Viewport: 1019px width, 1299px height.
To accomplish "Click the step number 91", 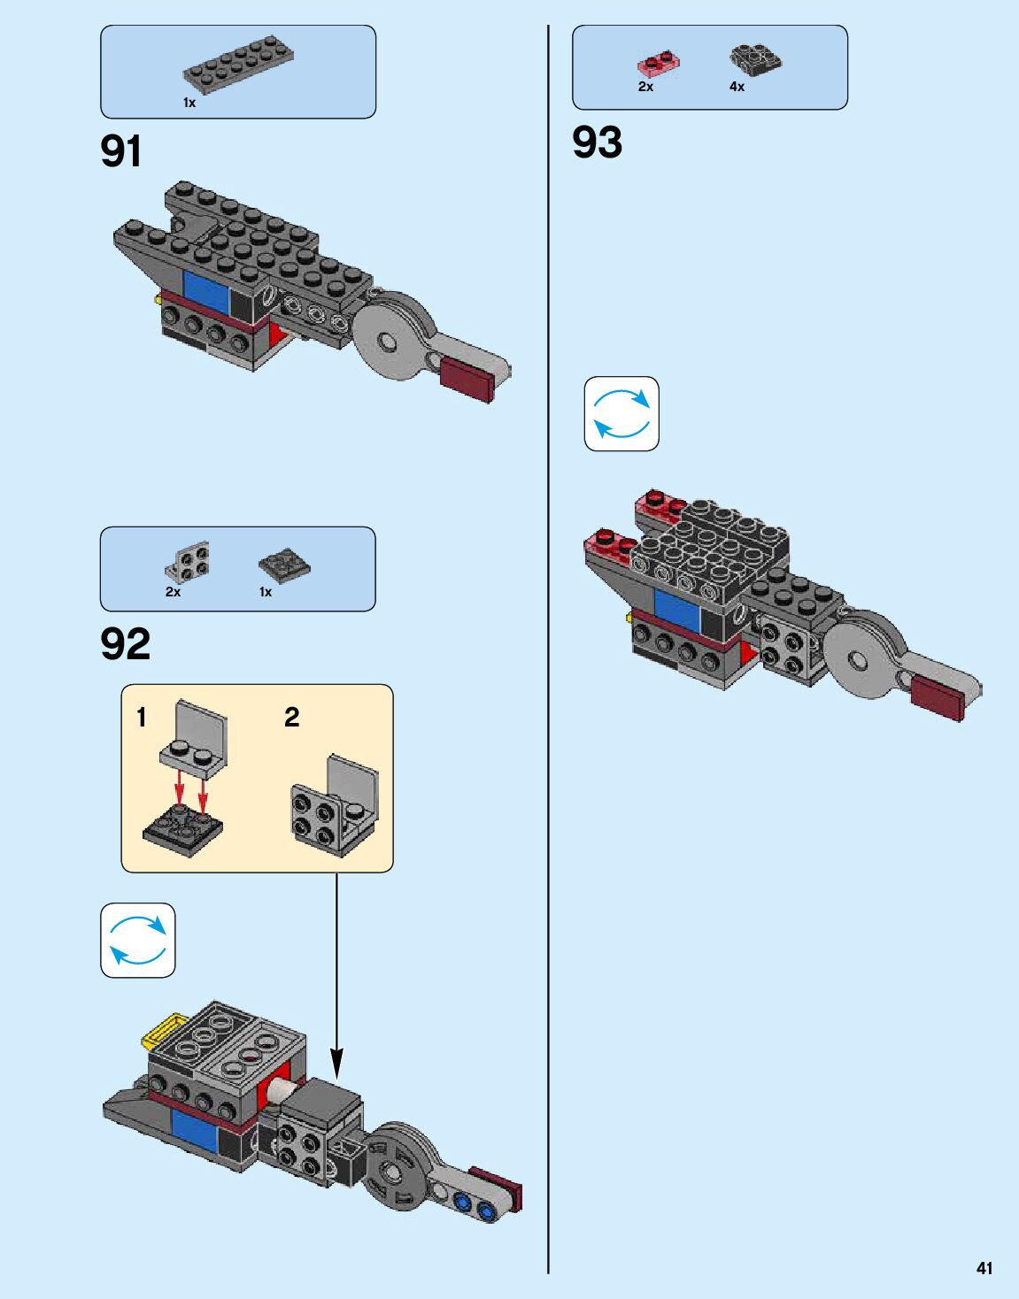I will click(121, 151).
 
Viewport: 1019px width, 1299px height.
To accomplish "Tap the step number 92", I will click(125, 644).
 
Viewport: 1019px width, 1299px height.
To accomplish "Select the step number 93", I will click(597, 142).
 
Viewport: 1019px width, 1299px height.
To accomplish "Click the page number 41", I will click(984, 1268).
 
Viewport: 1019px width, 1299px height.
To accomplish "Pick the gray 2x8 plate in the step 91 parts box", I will click(238, 66).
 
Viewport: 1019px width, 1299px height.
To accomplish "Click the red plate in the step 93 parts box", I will click(659, 62).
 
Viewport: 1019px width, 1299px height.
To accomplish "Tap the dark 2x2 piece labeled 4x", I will click(755, 59).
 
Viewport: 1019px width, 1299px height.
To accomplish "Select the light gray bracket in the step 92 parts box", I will click(188, 561).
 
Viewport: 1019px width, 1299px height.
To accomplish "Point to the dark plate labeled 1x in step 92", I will click(284, 565).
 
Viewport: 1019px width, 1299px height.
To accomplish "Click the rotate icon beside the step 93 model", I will click(621, 414).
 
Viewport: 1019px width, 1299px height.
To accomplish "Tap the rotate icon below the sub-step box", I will click(138, 940).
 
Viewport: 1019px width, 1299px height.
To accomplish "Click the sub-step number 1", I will click(142, 717).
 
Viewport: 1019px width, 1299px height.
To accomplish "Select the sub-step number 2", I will click(291, 717).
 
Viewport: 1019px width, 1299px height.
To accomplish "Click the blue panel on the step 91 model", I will click(206, 291).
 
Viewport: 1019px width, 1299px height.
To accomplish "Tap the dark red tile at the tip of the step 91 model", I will click(467, 381).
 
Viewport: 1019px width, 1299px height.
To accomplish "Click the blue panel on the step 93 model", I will click(677, 608).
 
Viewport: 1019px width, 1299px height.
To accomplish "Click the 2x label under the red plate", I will click(645, 87).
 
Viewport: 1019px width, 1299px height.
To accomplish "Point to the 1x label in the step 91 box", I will click(189, 103).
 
